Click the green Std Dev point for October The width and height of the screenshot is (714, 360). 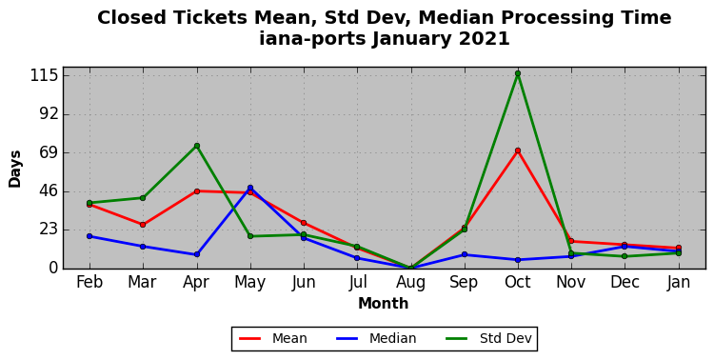[x=518, y=73]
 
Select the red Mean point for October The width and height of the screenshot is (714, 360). [x=518, y=150]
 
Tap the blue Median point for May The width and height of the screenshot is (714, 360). [x=250, y=188]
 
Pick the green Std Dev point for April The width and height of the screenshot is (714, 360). [x=197, y=146]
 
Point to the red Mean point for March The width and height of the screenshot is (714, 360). [x=143, y=225]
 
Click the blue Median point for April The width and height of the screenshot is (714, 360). [x=197, y=254]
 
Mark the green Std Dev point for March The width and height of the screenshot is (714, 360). [x=143, y=198]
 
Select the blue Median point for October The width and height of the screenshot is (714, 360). [x=518, y=260]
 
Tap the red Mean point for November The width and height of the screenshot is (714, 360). [x=571, y=241]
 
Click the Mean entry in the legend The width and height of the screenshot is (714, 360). [x=273, y=339]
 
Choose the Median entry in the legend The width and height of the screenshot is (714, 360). [x=376, y=339]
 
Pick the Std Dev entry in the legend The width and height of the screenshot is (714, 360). [x=488, y=339]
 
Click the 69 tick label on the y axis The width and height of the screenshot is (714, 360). [x=49, y=152]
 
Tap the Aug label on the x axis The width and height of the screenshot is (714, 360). [x=410, y=283]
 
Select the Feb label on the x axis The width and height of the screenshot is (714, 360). [x=89, y=282]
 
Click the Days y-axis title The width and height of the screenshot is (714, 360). [x=14, y=169]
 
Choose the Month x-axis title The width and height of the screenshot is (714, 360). [x=384, y=303]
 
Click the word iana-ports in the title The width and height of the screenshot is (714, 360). [x=312, y=39]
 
